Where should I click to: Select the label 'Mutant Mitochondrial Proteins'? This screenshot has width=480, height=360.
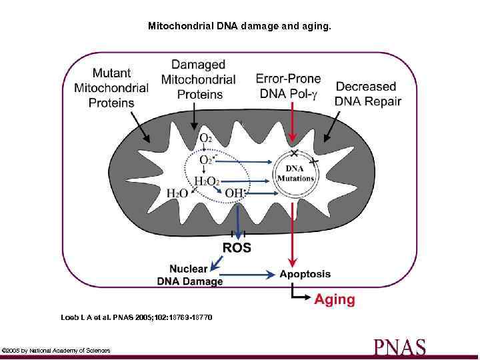click(112, 87)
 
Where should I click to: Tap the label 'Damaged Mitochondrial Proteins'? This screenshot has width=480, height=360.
click(198, 79)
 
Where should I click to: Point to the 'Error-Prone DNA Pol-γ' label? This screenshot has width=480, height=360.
click(288, 87)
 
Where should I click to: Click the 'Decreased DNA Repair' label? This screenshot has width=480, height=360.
click(368, 94)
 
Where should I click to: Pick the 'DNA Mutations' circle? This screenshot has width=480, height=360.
click(295, 174)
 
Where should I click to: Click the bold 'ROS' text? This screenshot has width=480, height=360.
click(237, 247)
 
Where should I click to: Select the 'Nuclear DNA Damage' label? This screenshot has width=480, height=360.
click(191, 275)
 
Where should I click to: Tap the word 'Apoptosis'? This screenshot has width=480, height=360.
click(305, 274)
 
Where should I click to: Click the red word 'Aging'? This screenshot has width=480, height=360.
click(335, 299)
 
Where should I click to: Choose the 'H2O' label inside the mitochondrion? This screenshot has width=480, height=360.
click(177, 193)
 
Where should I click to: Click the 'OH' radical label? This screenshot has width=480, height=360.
click(235, 193)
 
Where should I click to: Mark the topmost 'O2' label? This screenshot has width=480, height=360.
click(206, 138)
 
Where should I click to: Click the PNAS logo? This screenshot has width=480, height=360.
click(400, 347)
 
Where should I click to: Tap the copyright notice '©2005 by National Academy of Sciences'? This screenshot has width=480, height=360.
click(57, 350)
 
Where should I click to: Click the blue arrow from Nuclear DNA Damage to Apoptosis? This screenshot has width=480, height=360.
click(249, 274)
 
